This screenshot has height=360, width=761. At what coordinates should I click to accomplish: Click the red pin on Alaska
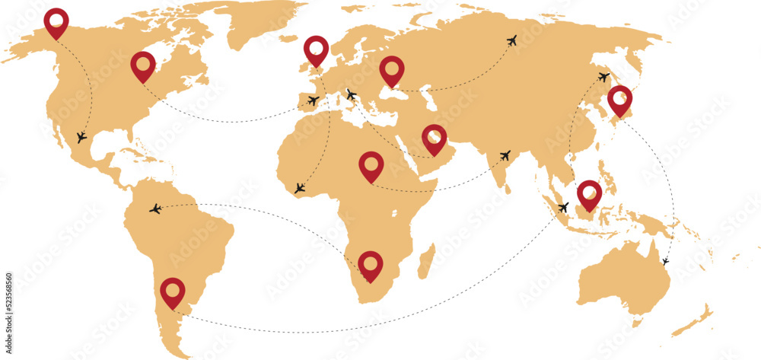pyautogui.click(x=56, y=21)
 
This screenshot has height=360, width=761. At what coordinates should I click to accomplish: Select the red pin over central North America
pyautogui.click(x=143, y=65)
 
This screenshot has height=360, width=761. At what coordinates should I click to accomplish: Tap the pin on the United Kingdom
pyautogui.click(x=316, y=49)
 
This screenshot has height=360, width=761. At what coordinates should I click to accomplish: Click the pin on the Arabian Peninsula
pyautogui.click(x=434, y=138)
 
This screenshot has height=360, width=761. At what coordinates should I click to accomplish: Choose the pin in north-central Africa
pyautogui.click(x=371, y=164)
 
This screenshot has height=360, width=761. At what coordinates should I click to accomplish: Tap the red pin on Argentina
pyautogui.click(x=173, y=291)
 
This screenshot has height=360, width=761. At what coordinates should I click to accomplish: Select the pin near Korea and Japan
pyautogui.click(x=620, y=99)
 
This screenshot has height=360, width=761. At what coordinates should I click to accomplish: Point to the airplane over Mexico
pyautogui.click(x=81, y=138)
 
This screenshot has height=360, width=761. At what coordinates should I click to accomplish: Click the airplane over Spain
pyautogui.click(x=313, y=100)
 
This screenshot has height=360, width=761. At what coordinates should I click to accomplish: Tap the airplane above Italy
pyautogui.click(x=351, y=95)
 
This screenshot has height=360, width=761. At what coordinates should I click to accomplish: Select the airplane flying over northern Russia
pyautogui.click(x=511, y=40)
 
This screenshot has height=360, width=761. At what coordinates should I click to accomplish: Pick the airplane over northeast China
pyautogui.click(x=603, y=77)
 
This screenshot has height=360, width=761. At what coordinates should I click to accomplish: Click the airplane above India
pyautogui.click(x=505, y=155)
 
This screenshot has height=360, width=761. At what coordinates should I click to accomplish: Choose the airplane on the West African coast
pyautogui.click(x=300, y=187)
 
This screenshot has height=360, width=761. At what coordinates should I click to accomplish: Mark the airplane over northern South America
pyautogui.click(x=156, y=208)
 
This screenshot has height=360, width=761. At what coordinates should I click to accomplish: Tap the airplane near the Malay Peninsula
pyautogui.click(x=563, y=207)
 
